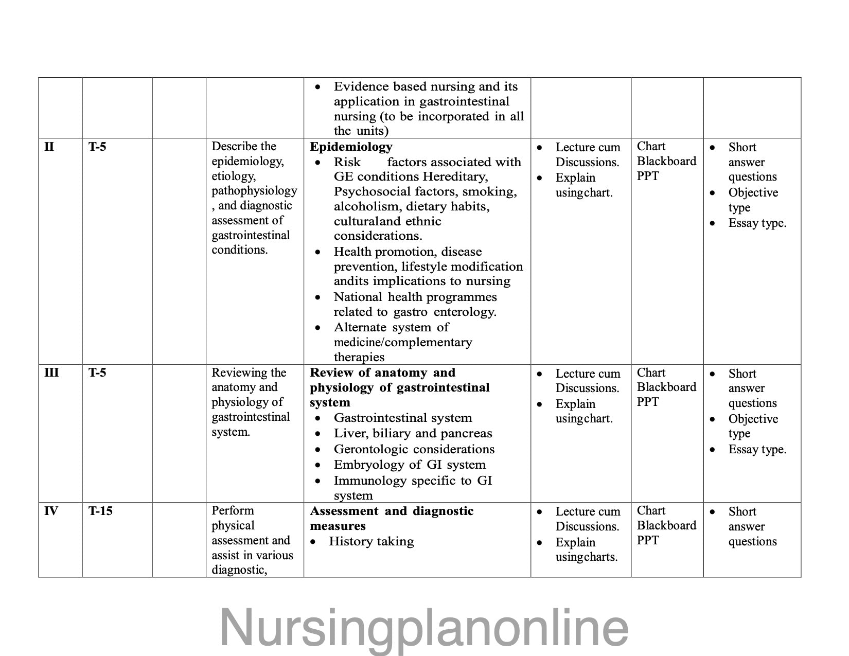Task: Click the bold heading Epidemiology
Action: (351, 147)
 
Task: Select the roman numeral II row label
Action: (49, 147)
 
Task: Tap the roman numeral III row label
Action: (51, 373)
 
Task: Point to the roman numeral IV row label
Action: (51, 511)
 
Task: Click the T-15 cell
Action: (100, 511)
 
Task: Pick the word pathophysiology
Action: (254, 191)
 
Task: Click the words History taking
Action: (371, 541)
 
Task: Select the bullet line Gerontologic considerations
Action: (414, 449)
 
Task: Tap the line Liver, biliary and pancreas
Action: (413, 433)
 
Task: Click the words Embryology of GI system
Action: (410, 465)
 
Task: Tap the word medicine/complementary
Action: (402, 342)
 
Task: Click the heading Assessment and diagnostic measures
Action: (391, 518)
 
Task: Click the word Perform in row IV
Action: (233, 510)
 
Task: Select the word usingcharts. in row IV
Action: (586, 557)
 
